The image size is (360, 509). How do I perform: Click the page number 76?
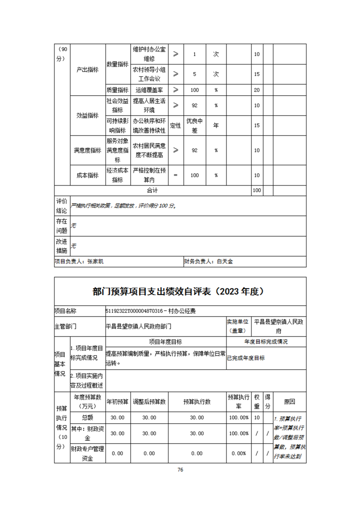[180, 470]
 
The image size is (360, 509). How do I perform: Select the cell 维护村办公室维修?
[149, 54]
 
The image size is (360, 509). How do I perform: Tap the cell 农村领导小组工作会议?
[149, 73]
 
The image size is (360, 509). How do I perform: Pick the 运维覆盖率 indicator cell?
[149, 90]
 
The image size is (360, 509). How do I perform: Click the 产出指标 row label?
[87, 70]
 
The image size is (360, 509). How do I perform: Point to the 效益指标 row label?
[87, 115]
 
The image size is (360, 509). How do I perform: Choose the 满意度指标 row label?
[87, 150]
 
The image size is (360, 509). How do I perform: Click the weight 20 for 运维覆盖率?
[256, 90]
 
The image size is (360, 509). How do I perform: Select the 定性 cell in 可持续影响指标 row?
[175, 126]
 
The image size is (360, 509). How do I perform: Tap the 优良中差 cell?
[195, 126]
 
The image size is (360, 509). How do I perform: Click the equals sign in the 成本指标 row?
[175, 175]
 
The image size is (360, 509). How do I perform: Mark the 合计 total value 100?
[256, 191]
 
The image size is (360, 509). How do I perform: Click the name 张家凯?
[96, 261]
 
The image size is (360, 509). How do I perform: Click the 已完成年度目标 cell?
[246, 357]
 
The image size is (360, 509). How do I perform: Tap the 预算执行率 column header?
[239, 401]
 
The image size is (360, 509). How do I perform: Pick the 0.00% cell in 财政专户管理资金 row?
[239, 453]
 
